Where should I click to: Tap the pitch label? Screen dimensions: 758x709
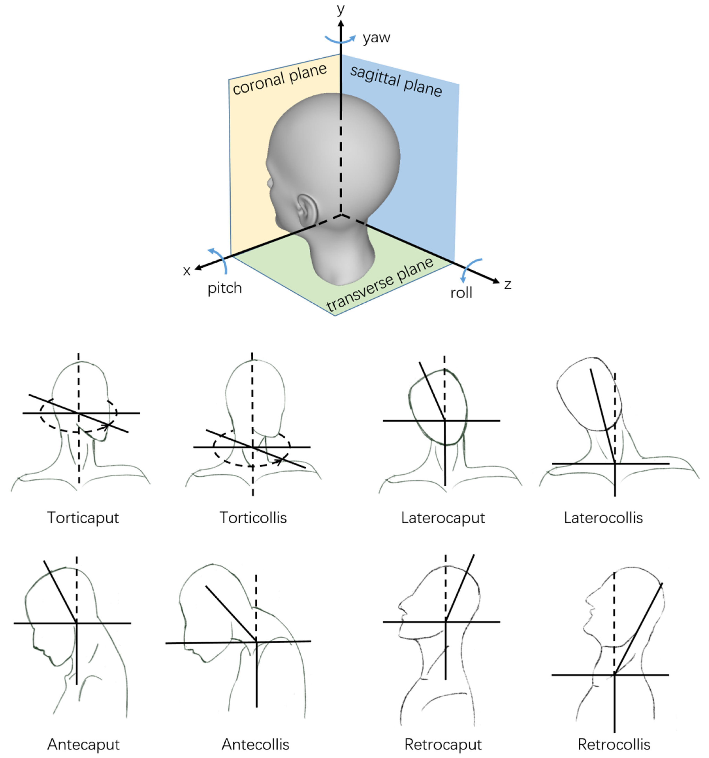(x=225, y=288)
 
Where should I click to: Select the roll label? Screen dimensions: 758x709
(x=461, y=293)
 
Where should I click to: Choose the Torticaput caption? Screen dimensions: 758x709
(x=83, y=518)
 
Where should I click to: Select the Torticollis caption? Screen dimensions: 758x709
(x=253, y=518)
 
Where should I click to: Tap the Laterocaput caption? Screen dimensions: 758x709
(x=443, y=518)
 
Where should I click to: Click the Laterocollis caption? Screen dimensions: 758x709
(x=603, y=518)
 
